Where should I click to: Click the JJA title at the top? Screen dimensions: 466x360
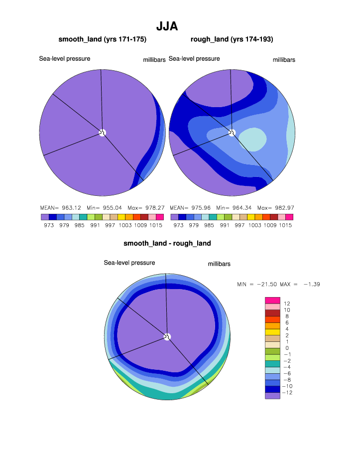pyautogui.click(x=167, y=26)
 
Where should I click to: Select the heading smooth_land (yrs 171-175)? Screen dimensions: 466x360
pyautogui.click(x=102, y=39)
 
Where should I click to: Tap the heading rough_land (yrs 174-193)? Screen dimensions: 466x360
pyautogui.click(x=232, y=39)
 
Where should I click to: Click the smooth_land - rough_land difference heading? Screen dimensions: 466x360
pyautogui.click(x=167, y=244)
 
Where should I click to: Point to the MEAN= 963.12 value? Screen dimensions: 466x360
pyautogui.click(x=56, y=207)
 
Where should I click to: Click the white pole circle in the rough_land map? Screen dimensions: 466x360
pyautogui.click(x=232, y=132)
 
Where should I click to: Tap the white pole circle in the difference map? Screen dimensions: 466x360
pyautogui.click(x=167, y=336)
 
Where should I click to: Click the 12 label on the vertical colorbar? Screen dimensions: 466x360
pyautogui.click(x=286, y=304)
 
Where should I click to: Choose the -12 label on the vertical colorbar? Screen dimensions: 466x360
pyautogui.click(x=287, y=393)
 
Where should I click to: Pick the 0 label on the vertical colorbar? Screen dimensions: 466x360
pyautogui.click(x=286, y=348)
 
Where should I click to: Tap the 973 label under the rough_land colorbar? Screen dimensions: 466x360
pyautogui.click(x=178, y=225)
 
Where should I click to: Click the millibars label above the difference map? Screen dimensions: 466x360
pyautogui.click(x=219, y=264)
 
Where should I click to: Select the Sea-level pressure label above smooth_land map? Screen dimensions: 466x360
pyautogui.click(x=65, y=59)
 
